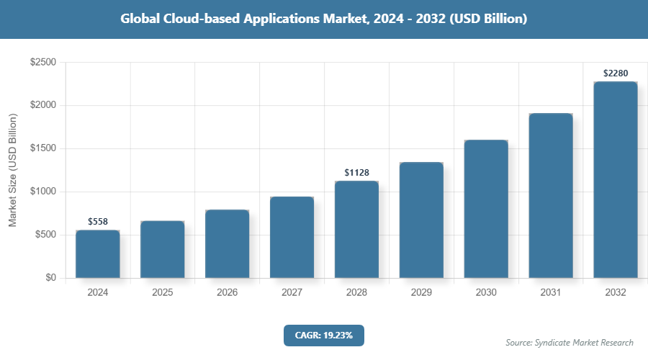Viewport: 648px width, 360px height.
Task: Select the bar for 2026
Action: [227, 244]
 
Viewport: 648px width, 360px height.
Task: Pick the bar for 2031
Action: [551, 196]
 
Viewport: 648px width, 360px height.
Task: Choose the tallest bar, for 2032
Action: [616, 180]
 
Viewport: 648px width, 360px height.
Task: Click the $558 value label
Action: [98, 222]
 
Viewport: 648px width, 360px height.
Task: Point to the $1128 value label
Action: [356, 172]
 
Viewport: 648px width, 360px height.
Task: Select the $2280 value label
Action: [616, 73]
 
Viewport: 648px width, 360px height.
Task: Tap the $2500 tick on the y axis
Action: [42, 63]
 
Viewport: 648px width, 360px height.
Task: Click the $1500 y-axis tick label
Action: [42, 149]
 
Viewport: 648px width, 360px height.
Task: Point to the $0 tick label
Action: [50, 278]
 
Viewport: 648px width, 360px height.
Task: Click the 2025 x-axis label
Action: [162, 293]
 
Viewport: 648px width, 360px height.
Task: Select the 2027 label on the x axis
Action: [292, 293]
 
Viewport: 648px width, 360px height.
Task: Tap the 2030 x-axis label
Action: [486, 293]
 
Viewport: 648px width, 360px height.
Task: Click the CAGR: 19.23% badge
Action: [324, 335]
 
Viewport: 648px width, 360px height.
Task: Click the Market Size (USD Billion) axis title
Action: [12, 170]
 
